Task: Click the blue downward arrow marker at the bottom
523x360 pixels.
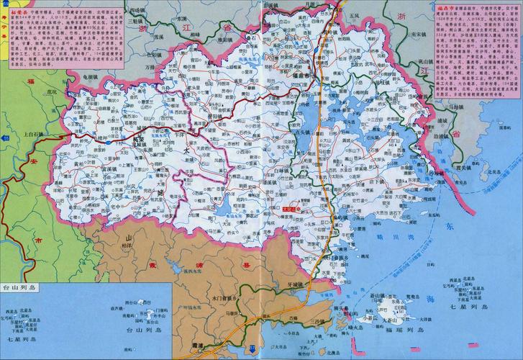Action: coord(252,349)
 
